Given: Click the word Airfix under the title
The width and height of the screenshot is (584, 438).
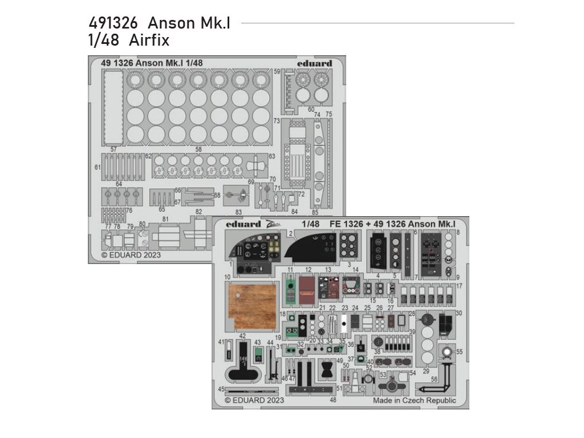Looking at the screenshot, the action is tap(149, 41).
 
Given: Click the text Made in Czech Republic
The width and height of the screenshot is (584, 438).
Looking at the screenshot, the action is tap(415, 400).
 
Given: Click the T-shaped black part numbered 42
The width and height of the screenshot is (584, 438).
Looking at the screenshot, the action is tap(243, 365).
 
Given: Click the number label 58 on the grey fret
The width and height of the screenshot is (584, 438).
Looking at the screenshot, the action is tap(198, 149).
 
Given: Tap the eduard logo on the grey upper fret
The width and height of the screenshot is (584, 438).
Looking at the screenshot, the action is tap(314, 63).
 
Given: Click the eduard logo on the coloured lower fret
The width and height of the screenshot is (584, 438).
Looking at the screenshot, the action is tap(243, 224).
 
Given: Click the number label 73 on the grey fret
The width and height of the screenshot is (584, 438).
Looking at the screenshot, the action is tap(276, 121).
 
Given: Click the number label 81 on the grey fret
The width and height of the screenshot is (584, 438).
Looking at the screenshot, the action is tap(165, 219).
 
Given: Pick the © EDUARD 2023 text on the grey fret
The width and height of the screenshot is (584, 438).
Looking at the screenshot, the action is tap(131, 255).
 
